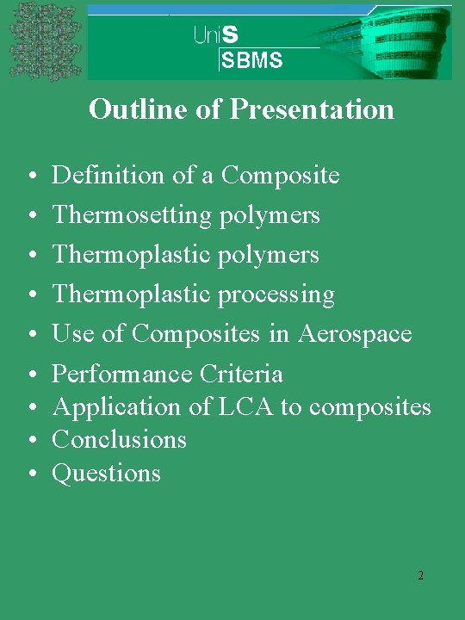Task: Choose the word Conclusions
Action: click(119, 439)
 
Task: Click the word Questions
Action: click(106, 473)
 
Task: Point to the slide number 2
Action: click(420, 575)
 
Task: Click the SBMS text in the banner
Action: click(252, 60)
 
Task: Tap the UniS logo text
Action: click(216, 34)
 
